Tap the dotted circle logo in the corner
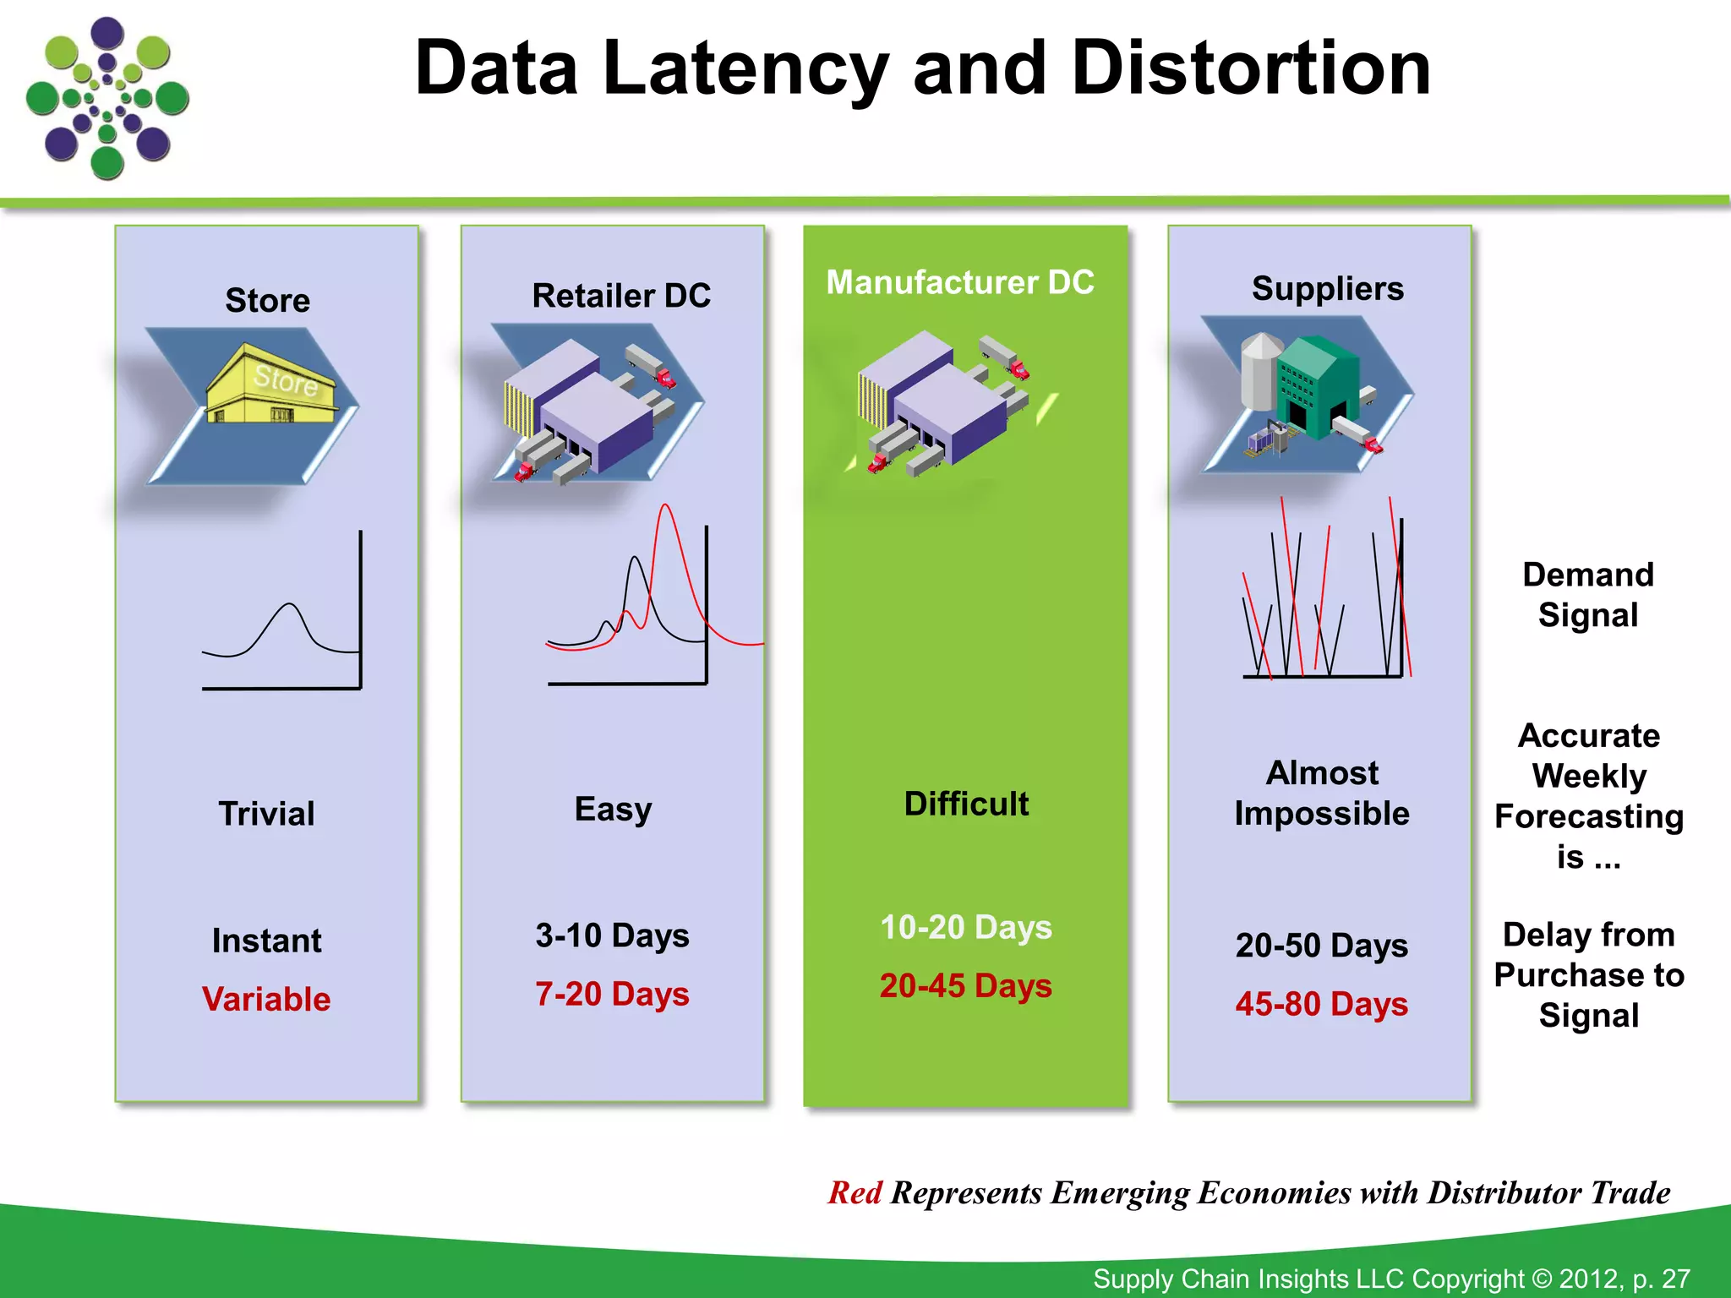(x=107, y=98)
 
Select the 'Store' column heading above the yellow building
(x=267, y=301)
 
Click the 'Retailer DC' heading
(x=621, y=296)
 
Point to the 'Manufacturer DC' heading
(x=960, y=282)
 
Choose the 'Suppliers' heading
(x=1327, y=289)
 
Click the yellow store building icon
(x=272, y=385)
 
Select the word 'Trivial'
(x=266, y=814)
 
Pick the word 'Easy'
(x=613, y=810)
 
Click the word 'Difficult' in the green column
(x=966, y=804)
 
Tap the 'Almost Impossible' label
(x=1322, y=793)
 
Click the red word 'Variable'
(x=266, y=1000)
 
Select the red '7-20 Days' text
(x=612, y=995)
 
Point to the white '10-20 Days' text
(x=966, y=928)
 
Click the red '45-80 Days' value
(x=1322, y=1004)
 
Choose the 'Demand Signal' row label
(x=1588, y=595)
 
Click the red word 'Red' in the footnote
(x=855, y=1193)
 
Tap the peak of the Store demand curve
(x=290, y=604)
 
